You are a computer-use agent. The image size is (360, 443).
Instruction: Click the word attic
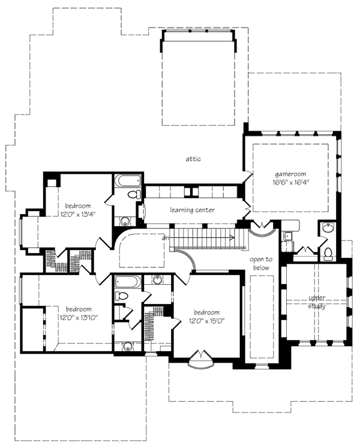tap(193, 159)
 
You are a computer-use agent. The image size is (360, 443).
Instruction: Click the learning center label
tap(192, 210)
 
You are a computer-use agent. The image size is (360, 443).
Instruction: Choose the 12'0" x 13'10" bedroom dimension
tap(78, 317)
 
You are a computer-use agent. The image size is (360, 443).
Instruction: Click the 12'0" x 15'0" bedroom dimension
tap(206, 321)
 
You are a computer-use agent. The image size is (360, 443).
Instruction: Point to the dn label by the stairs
tap(164, 238)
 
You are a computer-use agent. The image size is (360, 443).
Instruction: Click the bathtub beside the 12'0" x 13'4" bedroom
tap(128, 180)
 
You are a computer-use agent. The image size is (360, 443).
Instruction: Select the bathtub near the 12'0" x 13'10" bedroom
tap(127, 281)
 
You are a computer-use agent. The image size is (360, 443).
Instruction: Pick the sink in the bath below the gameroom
tap(327, 228)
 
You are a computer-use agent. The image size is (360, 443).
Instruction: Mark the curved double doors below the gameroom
tap(262, 228)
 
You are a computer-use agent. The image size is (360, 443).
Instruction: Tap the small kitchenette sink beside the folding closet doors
tap(287, 236)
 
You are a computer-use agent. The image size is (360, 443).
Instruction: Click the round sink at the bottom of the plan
tap(127, 346)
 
